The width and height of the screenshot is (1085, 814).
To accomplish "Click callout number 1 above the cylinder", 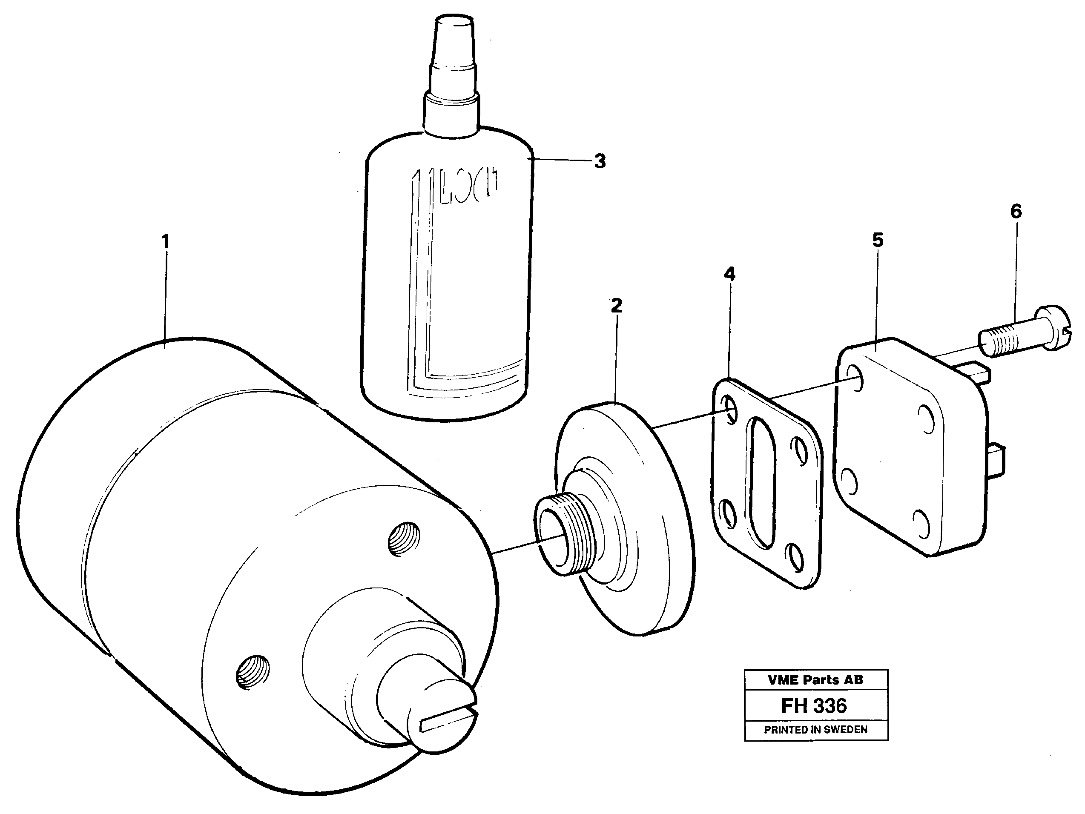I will (166, 241).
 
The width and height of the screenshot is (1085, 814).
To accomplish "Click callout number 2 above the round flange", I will (617, 306).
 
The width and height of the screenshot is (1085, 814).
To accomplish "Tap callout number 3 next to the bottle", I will (600, 161).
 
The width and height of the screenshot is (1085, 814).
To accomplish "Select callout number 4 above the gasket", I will (730, 274).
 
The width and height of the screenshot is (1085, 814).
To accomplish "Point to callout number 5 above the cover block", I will (878, 240).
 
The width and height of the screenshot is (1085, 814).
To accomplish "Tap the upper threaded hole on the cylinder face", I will (404, 539).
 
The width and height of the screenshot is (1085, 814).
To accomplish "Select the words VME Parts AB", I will (815, 679).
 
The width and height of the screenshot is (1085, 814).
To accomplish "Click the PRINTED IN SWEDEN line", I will (815, 730).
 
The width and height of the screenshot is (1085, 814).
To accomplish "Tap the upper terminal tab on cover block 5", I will (976, 375).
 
